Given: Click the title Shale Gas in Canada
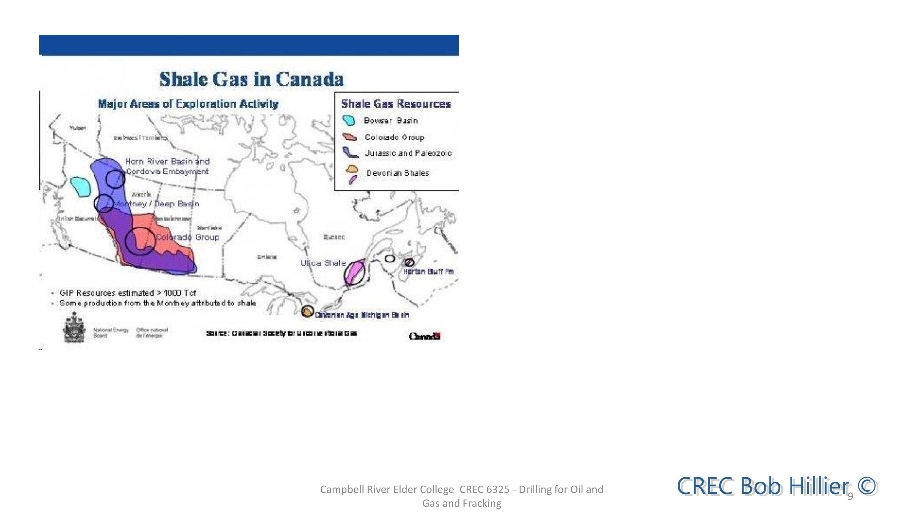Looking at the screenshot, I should pos(251,79).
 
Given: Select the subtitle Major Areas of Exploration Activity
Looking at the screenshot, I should pos(188,104).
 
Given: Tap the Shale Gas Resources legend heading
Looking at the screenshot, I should pos(396,104).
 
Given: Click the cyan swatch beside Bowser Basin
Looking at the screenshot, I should pos(349,121).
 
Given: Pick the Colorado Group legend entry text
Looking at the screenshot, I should pos(394,137).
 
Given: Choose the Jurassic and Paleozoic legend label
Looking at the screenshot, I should pos(408,153).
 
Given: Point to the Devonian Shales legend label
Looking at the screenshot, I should pos(397,173).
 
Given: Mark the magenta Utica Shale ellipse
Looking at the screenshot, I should pos(355,273).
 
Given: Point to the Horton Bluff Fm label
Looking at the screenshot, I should pos(428,272).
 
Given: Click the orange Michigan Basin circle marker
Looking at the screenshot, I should pos(307,311).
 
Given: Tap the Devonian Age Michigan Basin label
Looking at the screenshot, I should pos(362,315).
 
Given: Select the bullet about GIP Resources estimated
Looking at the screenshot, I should pos(127,293).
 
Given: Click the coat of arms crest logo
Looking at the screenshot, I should pos(74,328).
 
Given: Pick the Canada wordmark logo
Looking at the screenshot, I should pos(425,336).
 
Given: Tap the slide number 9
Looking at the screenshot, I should pos(850,496).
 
